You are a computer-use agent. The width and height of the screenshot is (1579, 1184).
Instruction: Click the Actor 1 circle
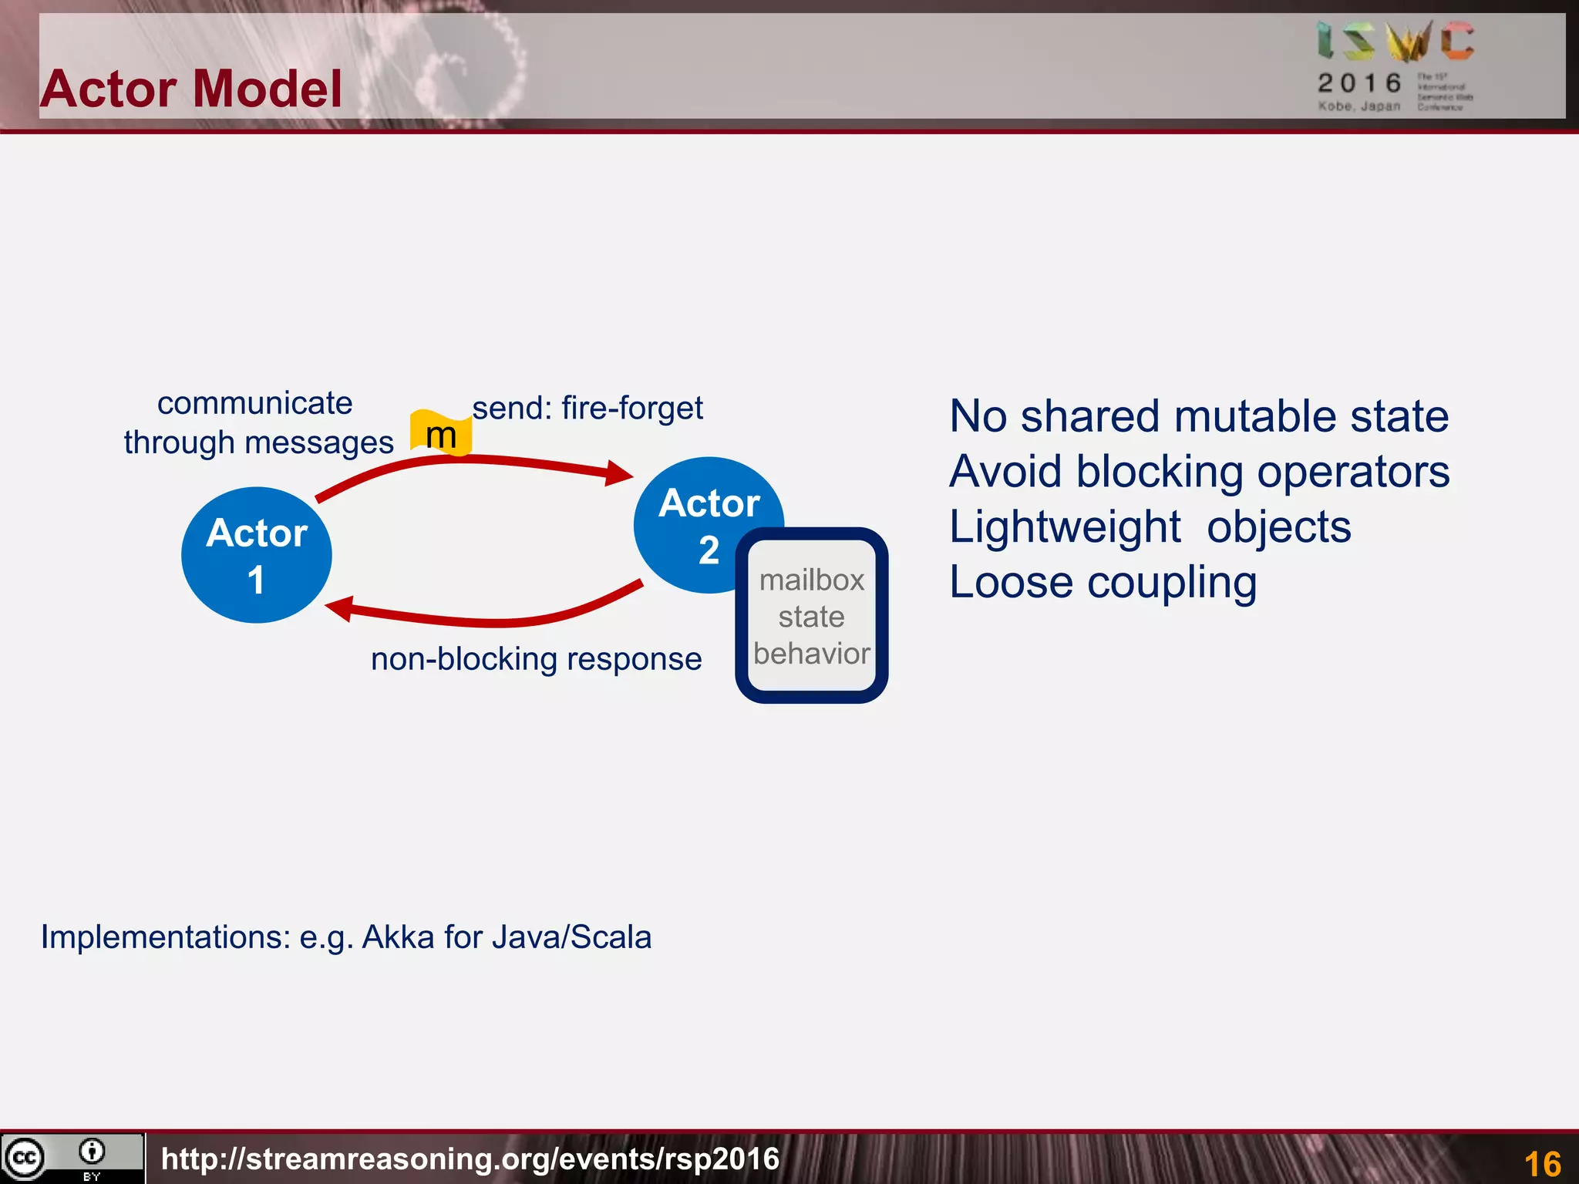coord(256,555)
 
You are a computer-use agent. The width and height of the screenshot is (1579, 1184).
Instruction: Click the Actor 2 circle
coord(694,509)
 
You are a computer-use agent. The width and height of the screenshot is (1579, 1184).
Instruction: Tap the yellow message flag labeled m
coord(441,433)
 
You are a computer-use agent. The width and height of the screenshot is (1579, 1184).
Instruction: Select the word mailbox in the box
coord(812,580)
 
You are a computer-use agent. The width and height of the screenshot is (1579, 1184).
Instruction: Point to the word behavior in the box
coord(812,654)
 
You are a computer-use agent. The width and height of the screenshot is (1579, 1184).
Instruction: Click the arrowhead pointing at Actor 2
coord(619,473)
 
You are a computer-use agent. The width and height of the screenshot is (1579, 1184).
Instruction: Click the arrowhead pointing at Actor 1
coord(340,608)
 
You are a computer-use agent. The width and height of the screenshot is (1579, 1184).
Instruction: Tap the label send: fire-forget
coord(587,408)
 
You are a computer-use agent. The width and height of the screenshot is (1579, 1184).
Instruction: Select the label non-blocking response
coord(536,659)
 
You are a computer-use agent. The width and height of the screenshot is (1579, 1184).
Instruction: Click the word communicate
coord(254,403)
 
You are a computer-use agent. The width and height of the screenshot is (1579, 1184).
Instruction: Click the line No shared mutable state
coord(1199,416)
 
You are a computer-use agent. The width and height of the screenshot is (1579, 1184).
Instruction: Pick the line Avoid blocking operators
coord(1199,472)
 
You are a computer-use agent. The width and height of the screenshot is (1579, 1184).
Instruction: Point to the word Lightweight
coord(1065,527)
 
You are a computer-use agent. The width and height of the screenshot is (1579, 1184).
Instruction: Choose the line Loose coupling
coord(1103,582)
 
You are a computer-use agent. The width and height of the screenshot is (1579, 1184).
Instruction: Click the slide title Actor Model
coord(191,89)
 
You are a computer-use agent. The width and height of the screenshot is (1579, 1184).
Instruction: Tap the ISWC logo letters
coord(1396,42)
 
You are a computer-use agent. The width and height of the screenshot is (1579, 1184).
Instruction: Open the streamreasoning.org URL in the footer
coord(470,1159)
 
